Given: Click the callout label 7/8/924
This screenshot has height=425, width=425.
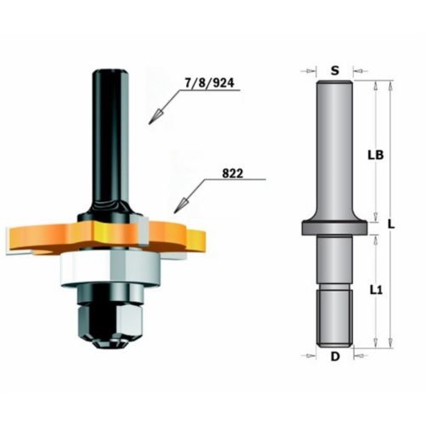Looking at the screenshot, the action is (x=209, y=83).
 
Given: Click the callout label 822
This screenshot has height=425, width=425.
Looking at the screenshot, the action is (x=232, y=173).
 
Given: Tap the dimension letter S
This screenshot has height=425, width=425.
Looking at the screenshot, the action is (x=335, y=71).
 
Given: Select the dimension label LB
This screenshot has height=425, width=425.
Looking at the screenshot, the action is (x=376, y=155).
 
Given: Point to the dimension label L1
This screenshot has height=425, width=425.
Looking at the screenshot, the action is (x=376, y=290).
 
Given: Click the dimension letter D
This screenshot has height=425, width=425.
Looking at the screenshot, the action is (x=335, y=357).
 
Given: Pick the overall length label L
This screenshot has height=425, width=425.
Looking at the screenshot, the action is (x=391, y=225).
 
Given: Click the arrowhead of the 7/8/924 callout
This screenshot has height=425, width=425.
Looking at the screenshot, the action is (x=156, y=116).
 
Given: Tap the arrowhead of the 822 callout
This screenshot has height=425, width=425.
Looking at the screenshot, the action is (x=180, y=206).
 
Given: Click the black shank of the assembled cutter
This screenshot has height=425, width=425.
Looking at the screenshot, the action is (x=110, y=139).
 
